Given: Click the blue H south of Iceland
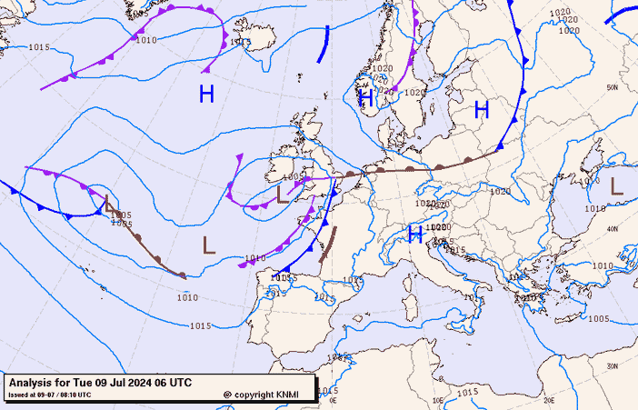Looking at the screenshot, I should (206, 94).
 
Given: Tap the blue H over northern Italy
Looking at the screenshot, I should (415, 235).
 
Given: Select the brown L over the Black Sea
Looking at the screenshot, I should (616, 186).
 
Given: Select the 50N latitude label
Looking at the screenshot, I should (613, 88).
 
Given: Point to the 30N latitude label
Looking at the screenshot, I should (613, 365).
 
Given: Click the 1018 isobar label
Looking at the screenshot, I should (594, 209).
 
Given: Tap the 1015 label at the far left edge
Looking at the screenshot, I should (39, 47).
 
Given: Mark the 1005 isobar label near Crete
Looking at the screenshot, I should (598, 318).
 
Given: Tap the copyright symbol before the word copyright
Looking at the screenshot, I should (227, 395).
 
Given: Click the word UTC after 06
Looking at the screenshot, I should (179, 383).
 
